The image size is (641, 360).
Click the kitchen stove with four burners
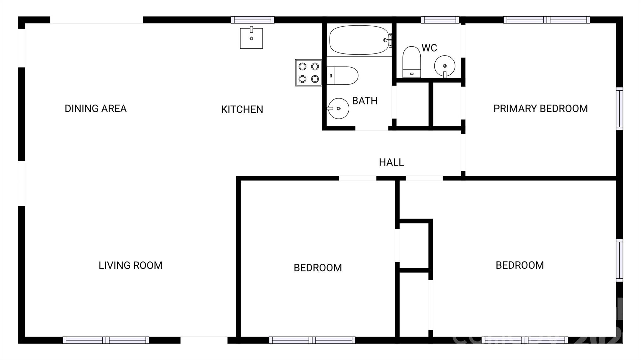point(309,73)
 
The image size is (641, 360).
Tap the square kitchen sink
point(251,38)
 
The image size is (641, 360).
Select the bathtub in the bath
point(359,40)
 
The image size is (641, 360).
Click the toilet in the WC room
point(411,62)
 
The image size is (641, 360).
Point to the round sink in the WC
point(444,66)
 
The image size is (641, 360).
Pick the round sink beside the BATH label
point(338,108)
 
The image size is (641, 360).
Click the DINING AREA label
point(95,109)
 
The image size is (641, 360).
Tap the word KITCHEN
point(242,109)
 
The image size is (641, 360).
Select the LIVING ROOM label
point(130,265)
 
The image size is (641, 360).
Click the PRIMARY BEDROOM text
point(540,109)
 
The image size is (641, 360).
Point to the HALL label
point(391,162)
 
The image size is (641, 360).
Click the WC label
point(429,48)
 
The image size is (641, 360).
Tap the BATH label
point(365,101)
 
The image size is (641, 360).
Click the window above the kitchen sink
point(253,20)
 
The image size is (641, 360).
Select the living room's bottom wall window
point(106,340)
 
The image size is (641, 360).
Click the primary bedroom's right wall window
point(619,109)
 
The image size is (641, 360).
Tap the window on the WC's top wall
point(440,20)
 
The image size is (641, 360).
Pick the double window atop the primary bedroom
point(546,20)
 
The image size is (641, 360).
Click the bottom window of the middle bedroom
point(312,340)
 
